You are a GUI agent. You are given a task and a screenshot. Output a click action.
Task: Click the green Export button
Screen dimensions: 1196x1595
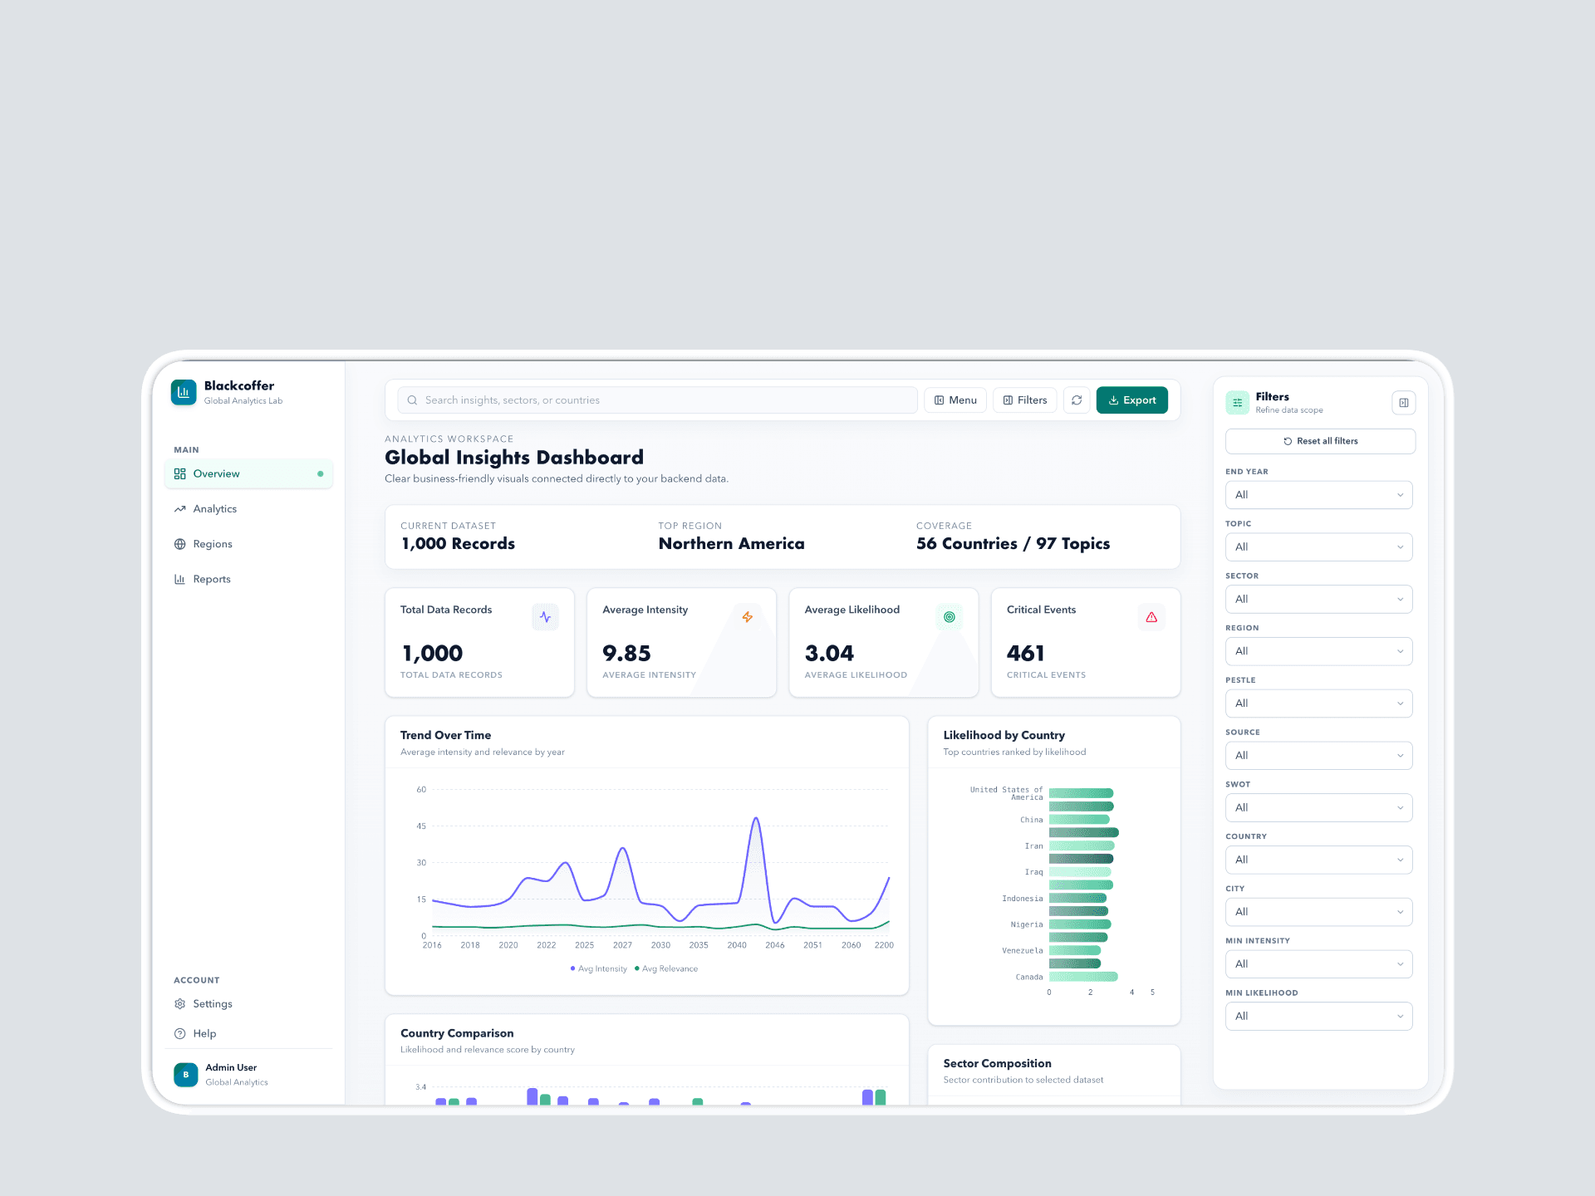(1131, 400)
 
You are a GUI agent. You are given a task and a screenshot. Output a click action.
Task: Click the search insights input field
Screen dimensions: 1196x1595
(656, 400)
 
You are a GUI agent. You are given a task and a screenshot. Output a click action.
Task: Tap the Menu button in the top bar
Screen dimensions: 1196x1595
(955, 400)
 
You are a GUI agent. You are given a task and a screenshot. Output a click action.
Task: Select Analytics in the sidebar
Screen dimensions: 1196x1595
(214, 509)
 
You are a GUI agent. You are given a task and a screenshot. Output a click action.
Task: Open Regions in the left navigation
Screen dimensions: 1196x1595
(212, 544)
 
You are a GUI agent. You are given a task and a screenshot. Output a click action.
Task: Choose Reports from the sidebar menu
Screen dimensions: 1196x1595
(211, 580)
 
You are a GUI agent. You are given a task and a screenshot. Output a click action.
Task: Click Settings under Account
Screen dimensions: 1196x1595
(212, 1004)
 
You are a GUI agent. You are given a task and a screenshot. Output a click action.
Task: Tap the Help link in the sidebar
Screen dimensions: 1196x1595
(204, 1034)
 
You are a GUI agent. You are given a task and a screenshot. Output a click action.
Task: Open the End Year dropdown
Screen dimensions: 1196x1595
(1318, 495)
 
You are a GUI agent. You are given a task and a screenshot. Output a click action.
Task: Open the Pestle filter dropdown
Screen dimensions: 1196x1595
(1318, 703)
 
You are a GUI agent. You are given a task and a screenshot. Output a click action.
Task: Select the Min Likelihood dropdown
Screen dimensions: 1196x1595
(1318, 1017)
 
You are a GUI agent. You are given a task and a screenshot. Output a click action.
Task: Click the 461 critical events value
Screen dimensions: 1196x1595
(1025, 654)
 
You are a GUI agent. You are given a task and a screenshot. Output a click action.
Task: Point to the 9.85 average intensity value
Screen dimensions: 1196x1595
(626, 654)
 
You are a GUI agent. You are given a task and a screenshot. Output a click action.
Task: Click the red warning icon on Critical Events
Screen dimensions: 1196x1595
(1151, 617)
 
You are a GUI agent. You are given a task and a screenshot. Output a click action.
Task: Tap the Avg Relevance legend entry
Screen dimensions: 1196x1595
(666, 969)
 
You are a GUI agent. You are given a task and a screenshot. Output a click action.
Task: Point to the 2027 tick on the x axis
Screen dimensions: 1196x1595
(622, 945)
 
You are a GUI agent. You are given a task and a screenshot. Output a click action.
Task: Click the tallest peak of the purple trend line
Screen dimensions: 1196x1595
(756, 818)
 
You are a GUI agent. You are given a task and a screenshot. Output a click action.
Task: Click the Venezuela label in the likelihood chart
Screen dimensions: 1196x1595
(1022, 951)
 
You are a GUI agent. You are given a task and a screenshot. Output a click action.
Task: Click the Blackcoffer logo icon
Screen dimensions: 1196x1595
(184, 392)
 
